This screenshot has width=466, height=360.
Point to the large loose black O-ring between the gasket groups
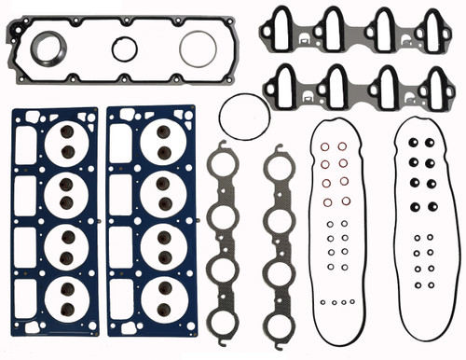point(244,118)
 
